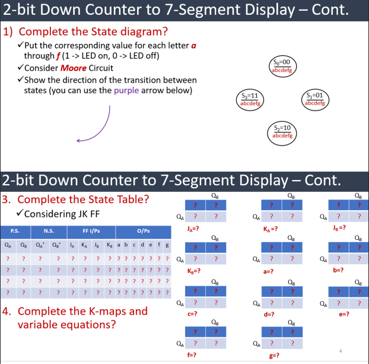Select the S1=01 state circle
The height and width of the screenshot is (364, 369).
[314, 99]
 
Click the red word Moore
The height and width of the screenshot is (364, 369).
[71, 68]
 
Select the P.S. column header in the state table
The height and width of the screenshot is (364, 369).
[15, 230]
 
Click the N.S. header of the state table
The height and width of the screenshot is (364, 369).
[48, 230]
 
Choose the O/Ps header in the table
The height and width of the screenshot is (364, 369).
[142, 230]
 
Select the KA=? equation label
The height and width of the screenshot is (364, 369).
[271, 227]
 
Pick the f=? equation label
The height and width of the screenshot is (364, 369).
[192, 355]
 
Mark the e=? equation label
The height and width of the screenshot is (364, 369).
[343, 313]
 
